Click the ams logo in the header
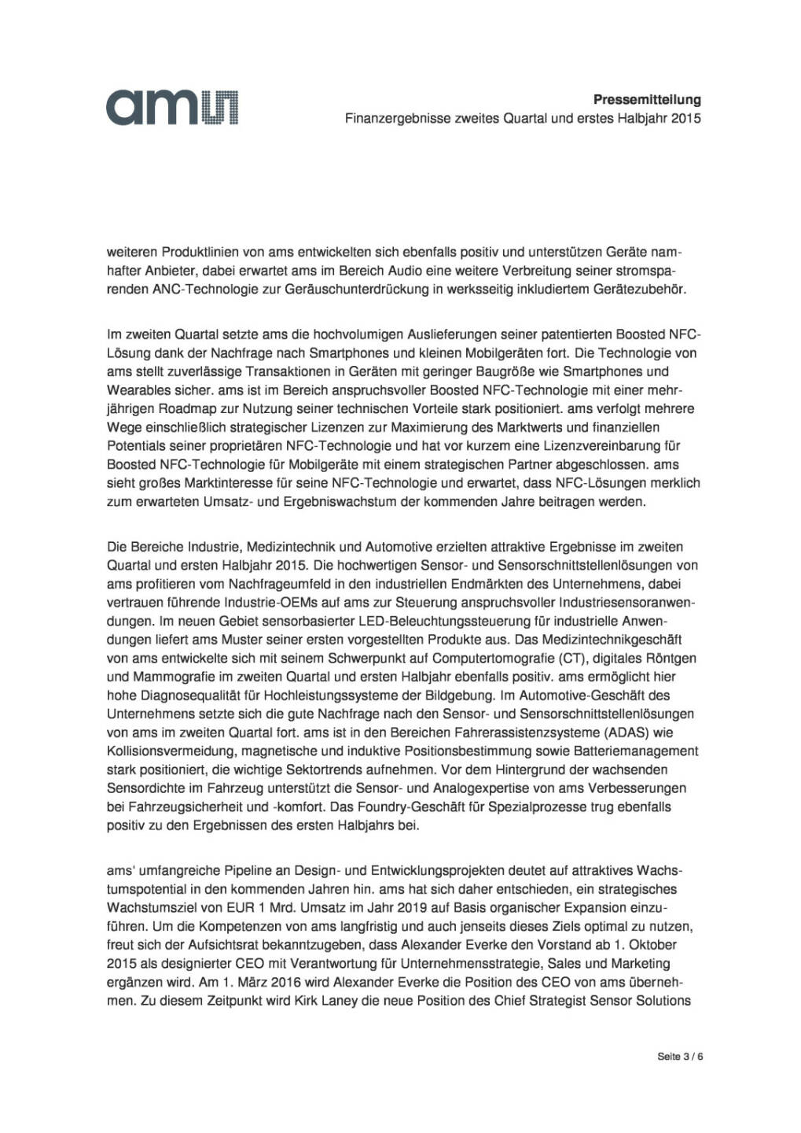[x=173, y=107]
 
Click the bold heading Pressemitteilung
[x=647, y=100]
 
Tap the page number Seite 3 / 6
[x=680, y=1056]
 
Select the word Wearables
[x=134, y=390]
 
